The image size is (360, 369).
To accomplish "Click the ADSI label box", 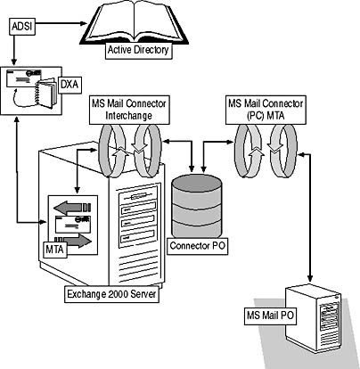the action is tap(22, 27).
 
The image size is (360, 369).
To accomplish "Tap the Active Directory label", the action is tap(138, 50).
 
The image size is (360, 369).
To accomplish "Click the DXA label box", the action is tap(70, 85).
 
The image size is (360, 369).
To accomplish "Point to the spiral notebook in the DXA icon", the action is tap(46, 93).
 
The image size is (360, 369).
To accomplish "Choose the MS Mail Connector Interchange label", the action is tap(129, 110).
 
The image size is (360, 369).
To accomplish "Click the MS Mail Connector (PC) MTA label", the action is tap(266, 110).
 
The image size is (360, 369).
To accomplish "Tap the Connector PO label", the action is tap(198, 246).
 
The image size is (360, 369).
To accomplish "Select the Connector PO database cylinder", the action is tap(197, 206).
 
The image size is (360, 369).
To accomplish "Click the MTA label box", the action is tap(54, 250).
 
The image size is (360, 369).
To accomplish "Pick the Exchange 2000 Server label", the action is tap(111, 294).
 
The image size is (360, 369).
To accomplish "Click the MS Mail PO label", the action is tap(270, 316).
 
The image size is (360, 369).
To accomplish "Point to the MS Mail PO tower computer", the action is tap(313, 318).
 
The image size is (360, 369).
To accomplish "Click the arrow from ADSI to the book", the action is tap(61, 23).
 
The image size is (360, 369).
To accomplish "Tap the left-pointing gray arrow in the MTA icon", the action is tap(72, 208).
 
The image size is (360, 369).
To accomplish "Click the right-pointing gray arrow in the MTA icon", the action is tap(73, 241).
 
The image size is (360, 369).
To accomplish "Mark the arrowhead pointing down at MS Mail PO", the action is tap(310, 278).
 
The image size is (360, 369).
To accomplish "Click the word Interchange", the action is tap(129, 116).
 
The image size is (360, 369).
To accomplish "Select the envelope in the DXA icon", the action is tap(23, 78).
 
